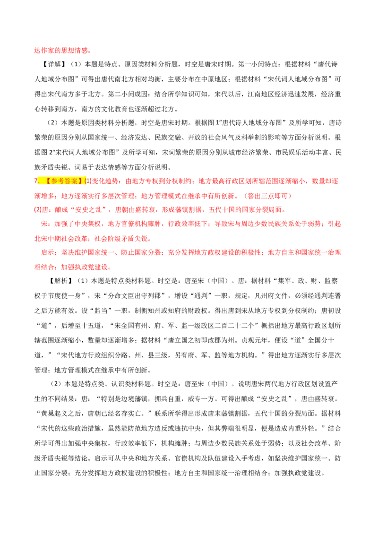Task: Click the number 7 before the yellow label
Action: tap(35, 181)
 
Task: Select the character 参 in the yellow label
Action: tap(55, 181)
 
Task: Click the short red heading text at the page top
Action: tap(61, 50)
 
